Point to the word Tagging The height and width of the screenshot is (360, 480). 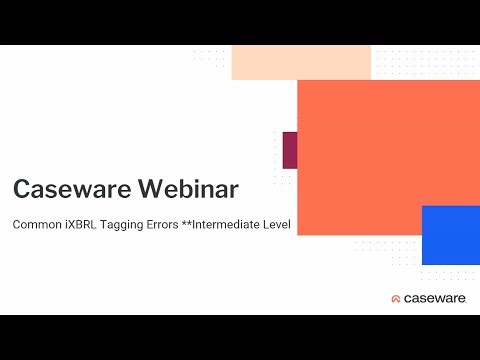click(132, 225)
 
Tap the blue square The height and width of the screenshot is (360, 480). click(451, 235)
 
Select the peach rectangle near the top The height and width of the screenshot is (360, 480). click(301, 62)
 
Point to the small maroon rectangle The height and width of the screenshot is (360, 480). click(289, 149)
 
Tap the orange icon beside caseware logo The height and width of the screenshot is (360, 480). click(396, 298)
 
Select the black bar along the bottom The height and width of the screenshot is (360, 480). click(240, 337)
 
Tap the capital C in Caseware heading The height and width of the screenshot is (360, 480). click(20, 189)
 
